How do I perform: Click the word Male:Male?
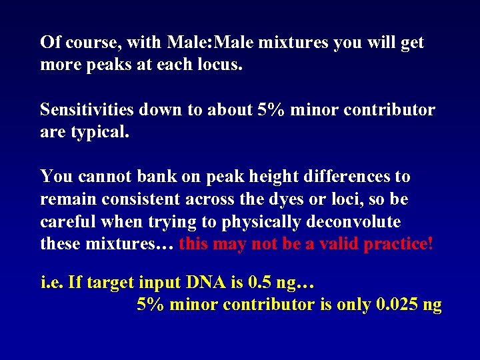pos(213,43)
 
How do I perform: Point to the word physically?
pos(255,222)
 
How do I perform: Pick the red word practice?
pos(398,244)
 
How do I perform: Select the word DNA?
pos(189,283)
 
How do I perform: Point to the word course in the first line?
pos(91,43)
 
